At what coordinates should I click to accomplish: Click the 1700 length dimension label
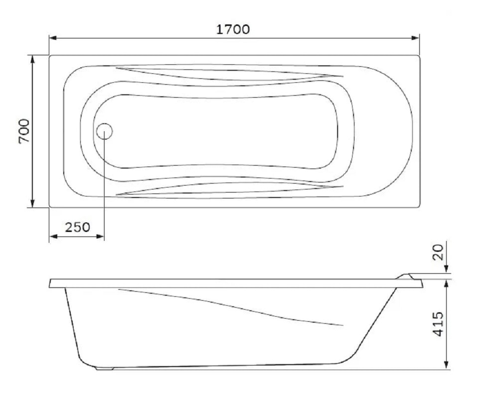click(x=233, y=29)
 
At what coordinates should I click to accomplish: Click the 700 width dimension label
click(x=24, y=131)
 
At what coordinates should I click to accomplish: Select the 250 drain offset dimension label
click(x=78, y=227)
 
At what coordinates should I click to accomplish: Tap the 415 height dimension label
click(x=439, y=324)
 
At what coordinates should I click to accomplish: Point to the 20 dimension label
click(x=438, y=252)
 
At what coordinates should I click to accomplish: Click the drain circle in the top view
click(x=105, y=131)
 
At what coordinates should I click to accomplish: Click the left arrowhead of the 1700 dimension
click(x=53, y=38)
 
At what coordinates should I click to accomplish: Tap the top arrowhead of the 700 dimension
click(x=33, y=59)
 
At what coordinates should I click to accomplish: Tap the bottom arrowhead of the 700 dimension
click(x=33, y=203)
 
